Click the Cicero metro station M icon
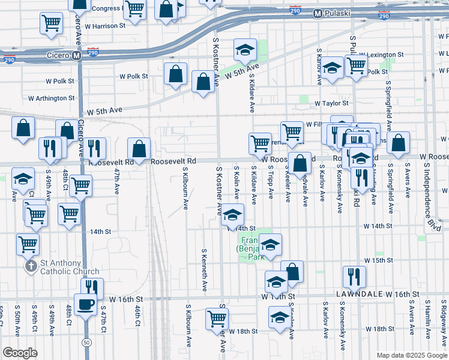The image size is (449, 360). coord(76,56)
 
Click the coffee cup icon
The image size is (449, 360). coord(85,304)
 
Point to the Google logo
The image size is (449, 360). coord(20,352)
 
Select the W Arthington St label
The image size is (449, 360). coord(51,98)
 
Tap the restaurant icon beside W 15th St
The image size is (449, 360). coord(354,276)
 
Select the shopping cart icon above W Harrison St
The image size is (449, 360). coord(52,23)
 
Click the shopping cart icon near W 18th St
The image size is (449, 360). coord(217,319)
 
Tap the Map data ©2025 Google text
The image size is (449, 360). coord(411,355)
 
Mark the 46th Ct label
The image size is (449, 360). coord(137,319)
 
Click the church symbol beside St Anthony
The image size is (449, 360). coord(30,266)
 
